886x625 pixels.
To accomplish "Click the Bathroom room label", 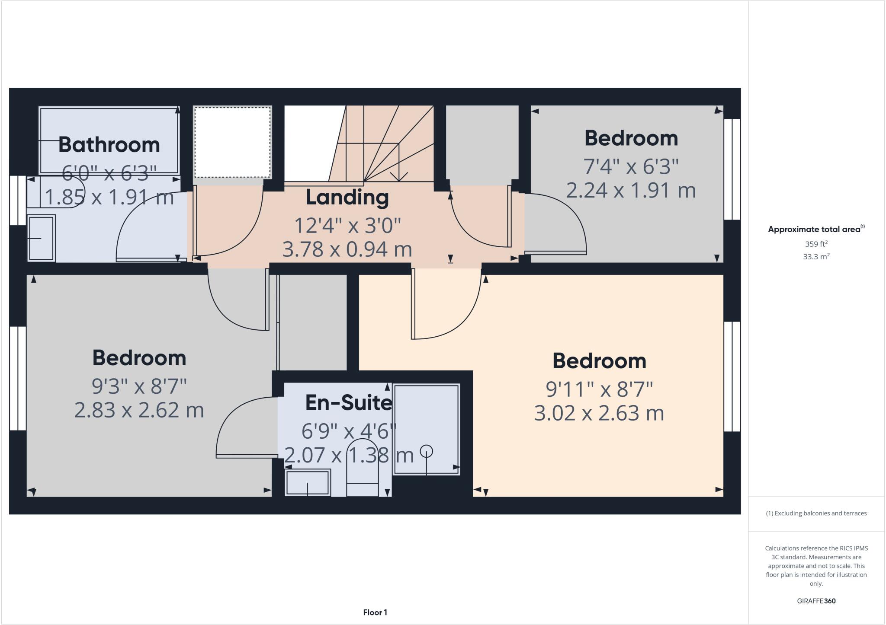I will pyautogui.click(x=109, y=144).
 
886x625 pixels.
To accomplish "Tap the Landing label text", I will pyautogui.click(x=347, y=198).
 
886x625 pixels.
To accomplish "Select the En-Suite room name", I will pyautogui.click(x=349, y=403).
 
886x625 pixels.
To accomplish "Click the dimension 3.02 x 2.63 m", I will pyautogui.click(x=599, y=413).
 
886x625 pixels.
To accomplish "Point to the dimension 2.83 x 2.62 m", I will pyautogui.click(x=139, y=410).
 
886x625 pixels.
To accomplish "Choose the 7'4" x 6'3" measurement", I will pyautogui.click(x=631, y=166).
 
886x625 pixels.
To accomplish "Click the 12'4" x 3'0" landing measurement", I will pyautogui.click(x=347, y=226).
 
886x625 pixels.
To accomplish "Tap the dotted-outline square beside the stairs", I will pyautogui.click(x=232, y=142).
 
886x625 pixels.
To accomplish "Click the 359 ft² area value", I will pyautogui.click(x=816, y=244).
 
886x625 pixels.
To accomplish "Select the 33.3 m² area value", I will pyautogui.click(x=816, y=257).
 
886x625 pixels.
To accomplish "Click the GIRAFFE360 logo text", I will pyautogui.click(x=816, y=601).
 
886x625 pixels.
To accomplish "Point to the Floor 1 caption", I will pyautogui.click(x=375, y=612).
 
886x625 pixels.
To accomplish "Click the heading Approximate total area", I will pyautogui.click(x=814, y=230).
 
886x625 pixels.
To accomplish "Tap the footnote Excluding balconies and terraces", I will pyautogui.click(x=816, y=513).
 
